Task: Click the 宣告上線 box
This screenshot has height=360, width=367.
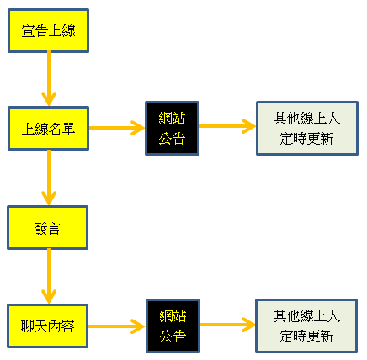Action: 48,30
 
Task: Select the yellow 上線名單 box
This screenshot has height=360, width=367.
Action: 48,129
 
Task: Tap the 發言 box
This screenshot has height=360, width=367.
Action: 48,228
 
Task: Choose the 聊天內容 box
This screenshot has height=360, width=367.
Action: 48,326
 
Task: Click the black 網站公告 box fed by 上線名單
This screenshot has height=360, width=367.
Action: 173,129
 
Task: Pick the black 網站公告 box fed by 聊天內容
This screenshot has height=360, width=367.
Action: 173,326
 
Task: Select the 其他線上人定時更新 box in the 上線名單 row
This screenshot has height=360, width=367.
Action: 307,129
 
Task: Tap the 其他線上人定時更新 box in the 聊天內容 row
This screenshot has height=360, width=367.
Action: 306,326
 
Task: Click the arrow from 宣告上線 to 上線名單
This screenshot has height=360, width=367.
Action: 49,79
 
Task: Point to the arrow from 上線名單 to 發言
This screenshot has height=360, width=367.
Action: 49,177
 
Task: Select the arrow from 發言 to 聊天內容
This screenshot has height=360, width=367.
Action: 49,277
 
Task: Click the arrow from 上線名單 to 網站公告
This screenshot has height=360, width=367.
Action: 117,128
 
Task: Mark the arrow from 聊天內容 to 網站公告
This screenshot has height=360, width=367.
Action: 117,326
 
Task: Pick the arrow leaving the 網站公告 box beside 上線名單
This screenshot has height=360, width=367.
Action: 227,126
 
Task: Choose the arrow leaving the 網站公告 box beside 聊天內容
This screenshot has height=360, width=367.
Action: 228,325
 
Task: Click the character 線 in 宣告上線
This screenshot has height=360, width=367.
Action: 69,31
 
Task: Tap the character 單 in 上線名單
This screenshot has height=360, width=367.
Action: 68,130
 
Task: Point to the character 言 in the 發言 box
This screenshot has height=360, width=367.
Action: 55,229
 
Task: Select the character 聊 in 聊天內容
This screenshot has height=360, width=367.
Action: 28,326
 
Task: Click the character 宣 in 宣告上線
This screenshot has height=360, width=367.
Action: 28,31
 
